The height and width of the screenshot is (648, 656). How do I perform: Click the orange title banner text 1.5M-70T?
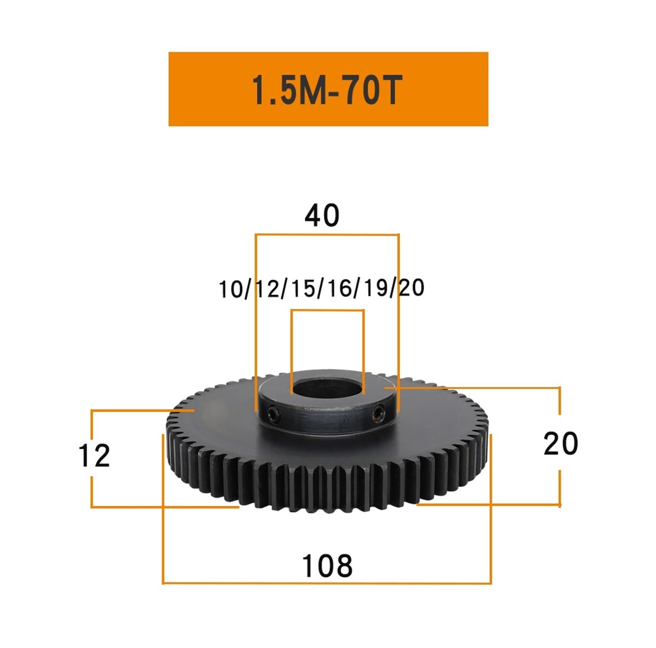click(326, 89)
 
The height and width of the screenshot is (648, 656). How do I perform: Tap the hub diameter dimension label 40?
click(322, 215)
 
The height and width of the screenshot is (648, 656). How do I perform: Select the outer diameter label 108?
click(327, 566)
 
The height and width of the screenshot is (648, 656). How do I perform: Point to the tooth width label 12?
click(94, 456)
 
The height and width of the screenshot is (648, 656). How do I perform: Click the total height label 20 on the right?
click(560, 444)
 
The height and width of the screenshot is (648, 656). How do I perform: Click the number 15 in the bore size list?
click(304, 289)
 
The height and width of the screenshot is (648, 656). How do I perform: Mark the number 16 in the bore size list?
click(339, 289)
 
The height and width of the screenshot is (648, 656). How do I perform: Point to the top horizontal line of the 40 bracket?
click(327, 235)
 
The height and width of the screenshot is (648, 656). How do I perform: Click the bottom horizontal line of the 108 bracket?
click(327, 583)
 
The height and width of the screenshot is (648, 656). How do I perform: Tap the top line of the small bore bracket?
click(327, 310)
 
